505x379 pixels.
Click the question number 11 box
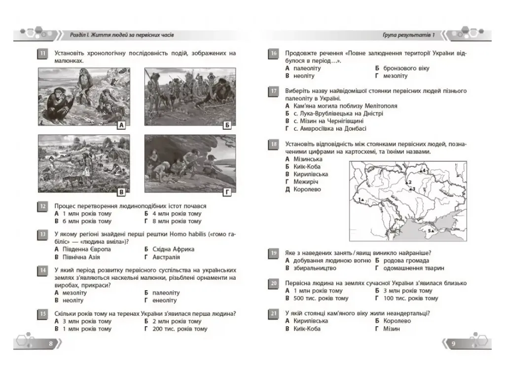click(42, 53)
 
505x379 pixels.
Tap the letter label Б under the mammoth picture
click(227, 125)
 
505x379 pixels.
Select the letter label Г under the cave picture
click(227, 192)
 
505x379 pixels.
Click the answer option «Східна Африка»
click(173, 249)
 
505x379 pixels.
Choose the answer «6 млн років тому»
click(87, 221)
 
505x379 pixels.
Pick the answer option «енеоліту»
click(165, 301)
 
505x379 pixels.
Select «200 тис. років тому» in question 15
click(180, 329)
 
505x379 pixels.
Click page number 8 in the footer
click(51, 343)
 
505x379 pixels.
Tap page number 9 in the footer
click(454, 343)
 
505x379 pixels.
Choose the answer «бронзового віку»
click(406, 68)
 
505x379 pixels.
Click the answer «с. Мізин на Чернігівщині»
click(328, 121)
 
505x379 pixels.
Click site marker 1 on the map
click(361, 200)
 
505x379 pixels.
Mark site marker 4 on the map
click(422, 170)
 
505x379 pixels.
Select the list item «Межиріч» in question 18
click(306, 182)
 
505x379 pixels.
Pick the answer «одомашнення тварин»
click(414, 268)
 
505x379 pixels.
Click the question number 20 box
click(273, 284)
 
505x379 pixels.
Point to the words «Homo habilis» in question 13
click(187, 234)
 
